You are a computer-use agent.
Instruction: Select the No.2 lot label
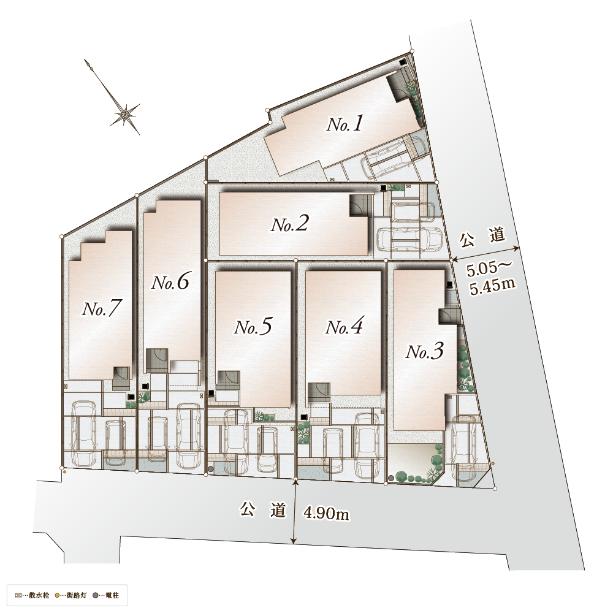click(290, 224)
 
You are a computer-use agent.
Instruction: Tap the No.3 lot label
click(425, 351)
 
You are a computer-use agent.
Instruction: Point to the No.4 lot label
click(344, 327)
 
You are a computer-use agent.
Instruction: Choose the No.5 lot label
click(253, 327)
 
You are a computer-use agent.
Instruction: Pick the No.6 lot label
click(170, 282)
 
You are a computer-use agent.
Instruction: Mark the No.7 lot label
click(101, 308)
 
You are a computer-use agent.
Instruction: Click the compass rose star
click(126, 114)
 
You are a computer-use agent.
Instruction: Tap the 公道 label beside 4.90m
click(263, 510)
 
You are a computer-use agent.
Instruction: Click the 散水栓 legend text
click(39, 596)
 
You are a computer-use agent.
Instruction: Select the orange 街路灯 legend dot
click(58, 596)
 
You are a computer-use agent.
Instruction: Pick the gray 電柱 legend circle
click(95, 596)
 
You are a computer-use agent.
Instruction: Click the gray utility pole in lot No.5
click(211, 469)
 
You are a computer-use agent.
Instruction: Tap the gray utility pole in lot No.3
click(391, 478)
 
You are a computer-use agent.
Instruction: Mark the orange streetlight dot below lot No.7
click(64, 472)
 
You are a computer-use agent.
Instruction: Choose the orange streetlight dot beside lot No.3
click(493, 463)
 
